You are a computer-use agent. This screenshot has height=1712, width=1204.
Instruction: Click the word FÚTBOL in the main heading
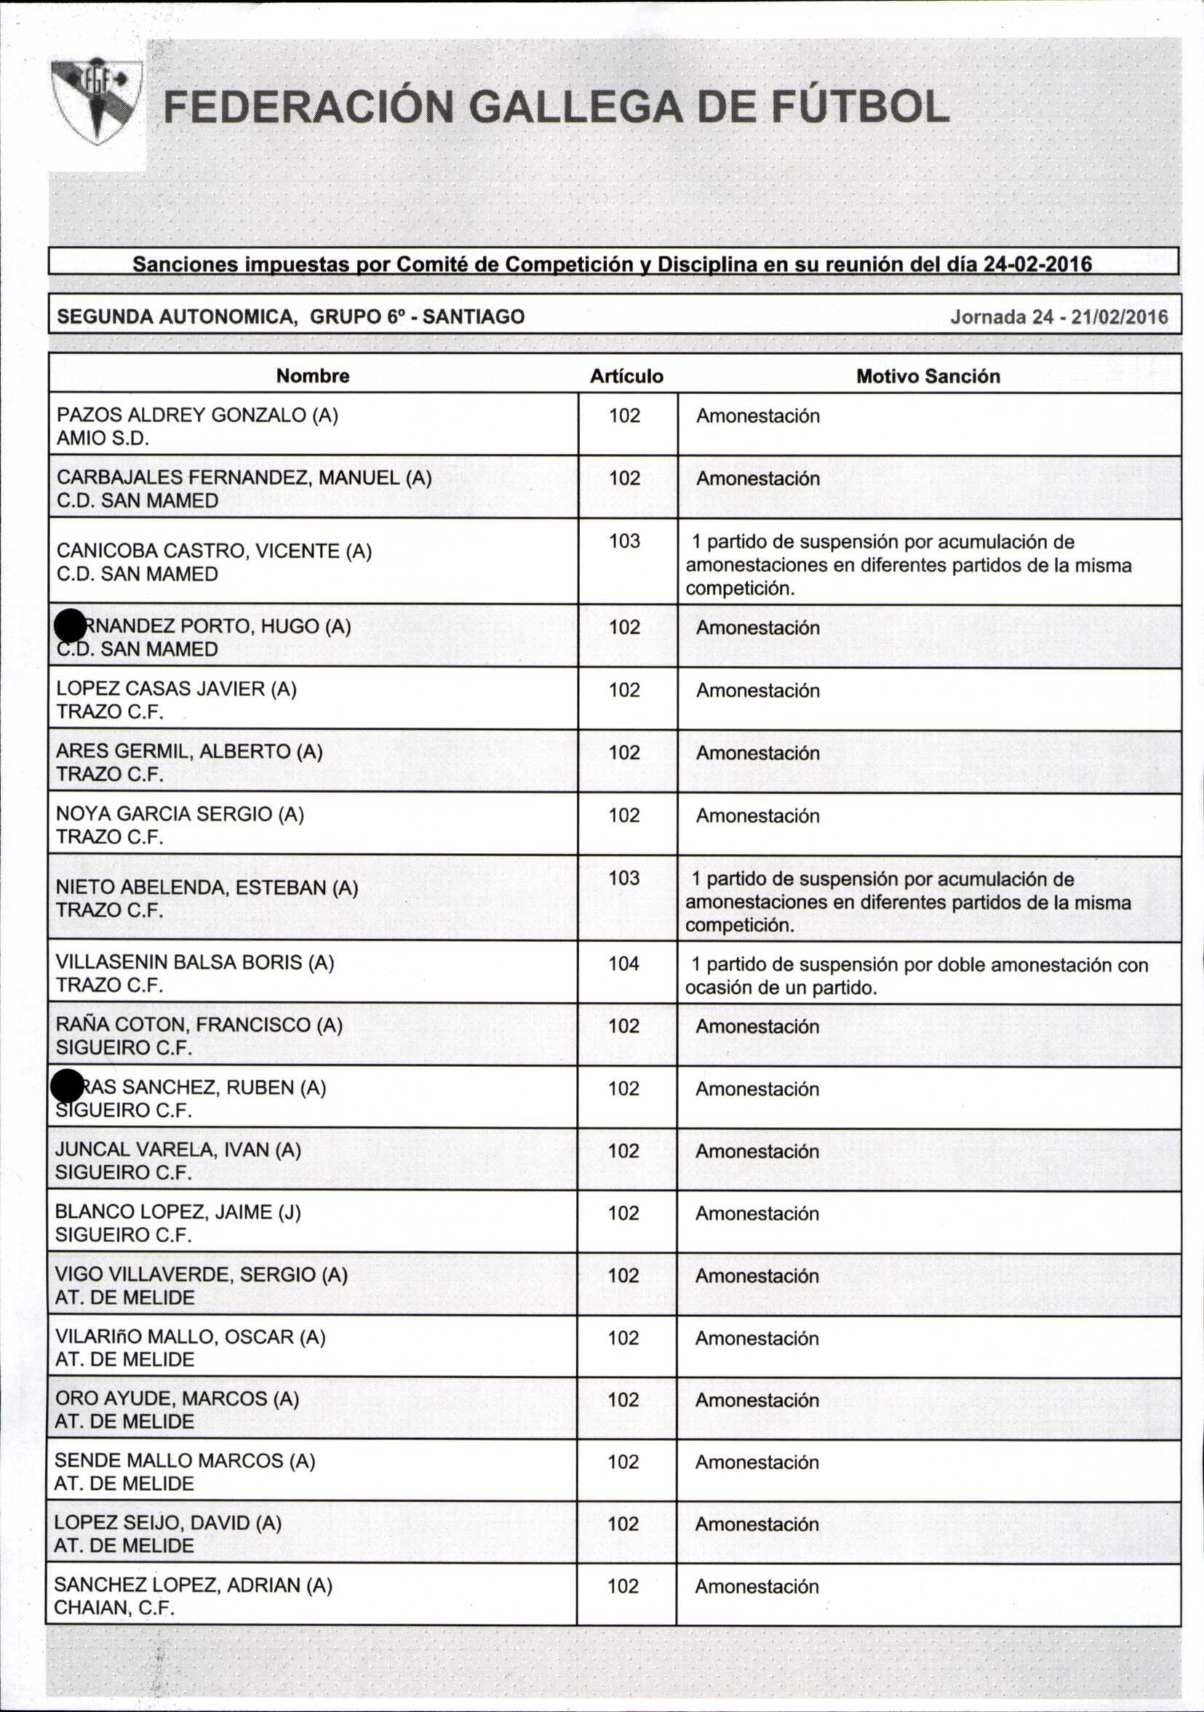(x=858, y=107)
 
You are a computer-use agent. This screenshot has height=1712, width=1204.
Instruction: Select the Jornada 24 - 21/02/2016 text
(x=1059, y=317)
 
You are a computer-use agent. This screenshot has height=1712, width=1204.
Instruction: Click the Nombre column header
(x=313, y=376)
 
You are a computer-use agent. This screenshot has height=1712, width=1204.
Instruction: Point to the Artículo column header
(x=626, y=376)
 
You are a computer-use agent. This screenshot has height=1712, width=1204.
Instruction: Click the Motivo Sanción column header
(x=928, y=376)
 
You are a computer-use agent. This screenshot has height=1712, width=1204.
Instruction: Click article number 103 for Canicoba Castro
(x=624, y=540)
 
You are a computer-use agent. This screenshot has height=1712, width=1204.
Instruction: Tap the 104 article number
(x=624, y=964)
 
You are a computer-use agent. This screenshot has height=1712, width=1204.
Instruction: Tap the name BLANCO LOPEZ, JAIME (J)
(x=178, y=1212)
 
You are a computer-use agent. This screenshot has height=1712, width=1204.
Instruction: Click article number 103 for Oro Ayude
(x=623, y=1399)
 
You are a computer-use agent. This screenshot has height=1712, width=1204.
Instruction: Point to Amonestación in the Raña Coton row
(x=757, y=1026)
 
